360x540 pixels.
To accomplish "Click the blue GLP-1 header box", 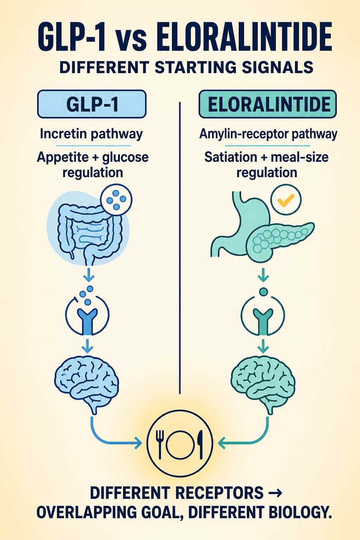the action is click(x=92, y=104).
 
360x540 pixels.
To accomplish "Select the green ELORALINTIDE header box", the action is click(x=268, y=104).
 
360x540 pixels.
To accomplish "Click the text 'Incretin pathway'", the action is click(x=91, y=134).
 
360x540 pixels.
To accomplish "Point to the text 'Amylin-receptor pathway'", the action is click(x=268, y=134).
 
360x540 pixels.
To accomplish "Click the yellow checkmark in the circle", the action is click(x=286, y=200).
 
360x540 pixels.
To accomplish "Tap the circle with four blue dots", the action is click(x=116, y=200).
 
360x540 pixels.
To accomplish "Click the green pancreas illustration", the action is click(x=280, y=241).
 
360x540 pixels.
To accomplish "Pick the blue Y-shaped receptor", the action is click(x=87, y=321).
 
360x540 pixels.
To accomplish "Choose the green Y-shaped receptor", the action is click(x=263, y=321).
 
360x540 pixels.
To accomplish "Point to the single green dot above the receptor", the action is click(x=263, y=292).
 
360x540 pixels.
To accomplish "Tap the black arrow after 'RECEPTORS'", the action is click(x=275, y=493).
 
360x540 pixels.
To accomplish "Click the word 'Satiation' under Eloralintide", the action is click(x=231, y=157).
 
